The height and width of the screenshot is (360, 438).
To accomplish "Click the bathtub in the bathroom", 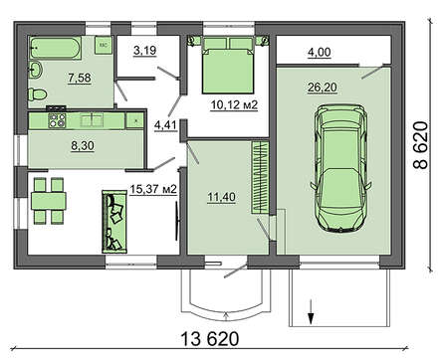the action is [x=55, y=48].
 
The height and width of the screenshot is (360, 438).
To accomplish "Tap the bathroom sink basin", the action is [x=35, y=70].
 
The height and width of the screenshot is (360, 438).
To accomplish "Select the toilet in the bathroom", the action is [x=37, y=94].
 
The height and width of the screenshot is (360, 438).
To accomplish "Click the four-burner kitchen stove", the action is [x=57, y=120].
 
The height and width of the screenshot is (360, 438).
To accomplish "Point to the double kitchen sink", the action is [x=92, y=120].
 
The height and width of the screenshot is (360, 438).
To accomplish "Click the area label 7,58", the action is [x=80, y=78].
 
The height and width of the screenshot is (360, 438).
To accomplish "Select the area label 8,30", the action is [x=83, y=145].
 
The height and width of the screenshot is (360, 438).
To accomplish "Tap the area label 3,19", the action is [x=145, y=51].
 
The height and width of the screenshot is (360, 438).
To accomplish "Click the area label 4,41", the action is [x=165, y=126].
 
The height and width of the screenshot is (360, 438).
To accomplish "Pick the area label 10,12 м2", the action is [x=234, y=105].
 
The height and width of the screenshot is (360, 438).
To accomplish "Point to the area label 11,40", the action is [x=222, y=197].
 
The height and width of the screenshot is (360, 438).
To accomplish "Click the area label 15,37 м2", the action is [x=153, y=189].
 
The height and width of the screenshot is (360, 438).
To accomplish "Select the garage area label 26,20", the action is [x=323, y=88].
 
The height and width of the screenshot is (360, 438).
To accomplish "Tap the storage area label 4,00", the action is [x=320, y=53].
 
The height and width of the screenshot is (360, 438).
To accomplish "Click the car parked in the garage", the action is [x=340, y=167].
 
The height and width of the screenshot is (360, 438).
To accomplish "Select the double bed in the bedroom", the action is [x=228, y=65].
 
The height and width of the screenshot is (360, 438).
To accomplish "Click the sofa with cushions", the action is [x=114, y=222].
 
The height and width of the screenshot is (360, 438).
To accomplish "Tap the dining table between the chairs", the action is [x=49, y=201].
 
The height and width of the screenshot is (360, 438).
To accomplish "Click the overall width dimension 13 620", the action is [x=210, y=339].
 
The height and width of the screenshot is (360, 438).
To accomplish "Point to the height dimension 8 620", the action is [x=421, y=145].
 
